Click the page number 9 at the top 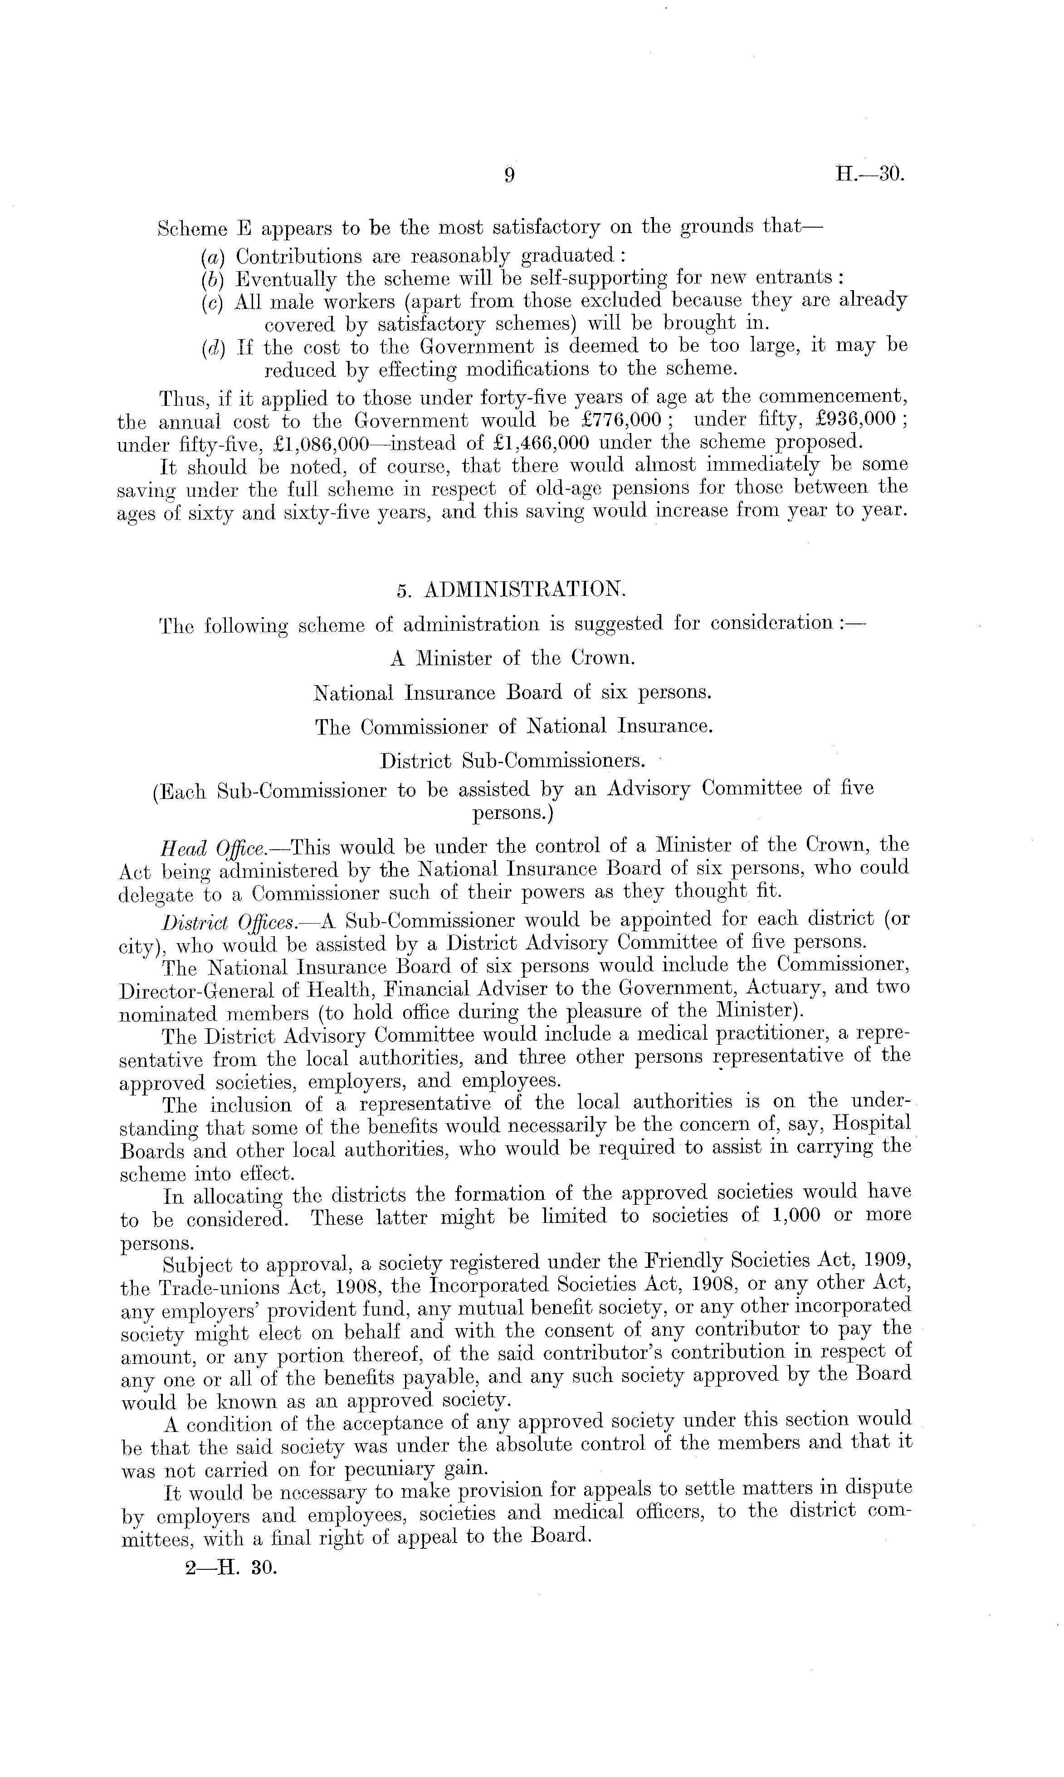click(x=508, y=175)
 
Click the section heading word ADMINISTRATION click(x=526, y=589)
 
